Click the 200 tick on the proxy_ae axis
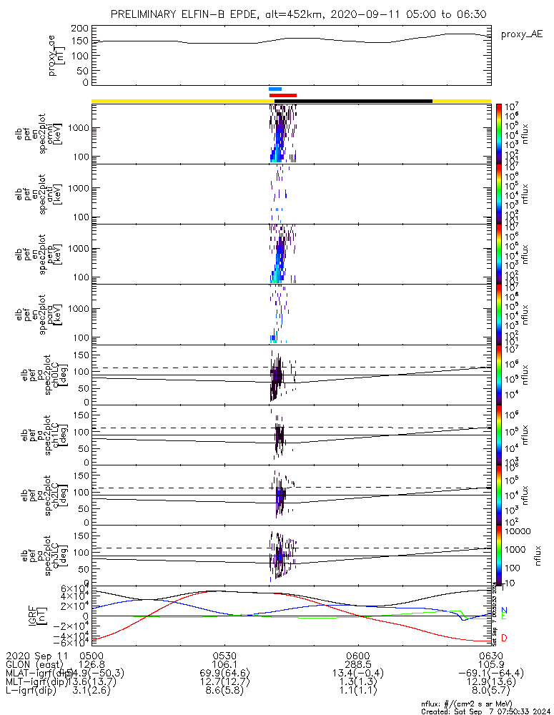point(79,28)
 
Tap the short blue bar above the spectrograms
point(275,89)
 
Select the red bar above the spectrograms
point(282,95)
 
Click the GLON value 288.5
point(357,664)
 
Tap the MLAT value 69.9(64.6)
point(224,673)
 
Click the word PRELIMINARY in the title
point(146,14)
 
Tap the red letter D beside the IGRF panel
point(504,638)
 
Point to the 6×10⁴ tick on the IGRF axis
point(71,588)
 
